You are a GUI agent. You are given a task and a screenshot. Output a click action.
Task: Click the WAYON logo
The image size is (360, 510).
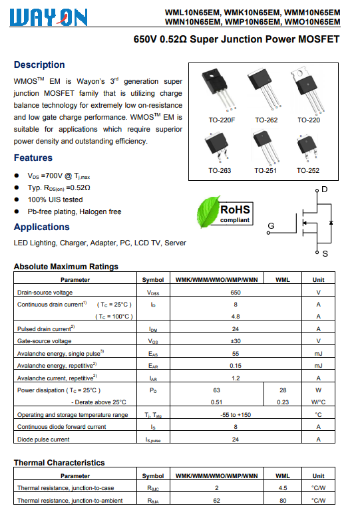coord(49,17)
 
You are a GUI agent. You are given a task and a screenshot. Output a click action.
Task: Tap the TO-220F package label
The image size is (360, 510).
coord(222,120)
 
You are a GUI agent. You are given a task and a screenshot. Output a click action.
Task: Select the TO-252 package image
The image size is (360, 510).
coord(307,148)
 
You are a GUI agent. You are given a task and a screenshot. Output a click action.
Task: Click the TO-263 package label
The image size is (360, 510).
coord(220,170)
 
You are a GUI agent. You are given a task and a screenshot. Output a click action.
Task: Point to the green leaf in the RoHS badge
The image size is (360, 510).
coord(208,212)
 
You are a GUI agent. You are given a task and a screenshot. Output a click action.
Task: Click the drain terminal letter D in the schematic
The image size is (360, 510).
coord(325,190)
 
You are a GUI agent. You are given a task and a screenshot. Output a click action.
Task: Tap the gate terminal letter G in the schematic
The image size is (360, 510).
coord(271,225)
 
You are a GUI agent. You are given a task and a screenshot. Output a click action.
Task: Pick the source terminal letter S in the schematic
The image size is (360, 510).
coord(325,254)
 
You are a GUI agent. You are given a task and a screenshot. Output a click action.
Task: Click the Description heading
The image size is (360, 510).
coord(39,64)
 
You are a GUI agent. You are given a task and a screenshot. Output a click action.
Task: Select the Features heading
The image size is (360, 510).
coord(33,158)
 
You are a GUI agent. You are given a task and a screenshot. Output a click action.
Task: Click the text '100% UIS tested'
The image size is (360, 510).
coord(55,199)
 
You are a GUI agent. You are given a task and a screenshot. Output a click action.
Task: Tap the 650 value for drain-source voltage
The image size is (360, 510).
coord(236,293)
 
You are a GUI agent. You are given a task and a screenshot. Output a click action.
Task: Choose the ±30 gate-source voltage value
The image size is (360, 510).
coord(236,341)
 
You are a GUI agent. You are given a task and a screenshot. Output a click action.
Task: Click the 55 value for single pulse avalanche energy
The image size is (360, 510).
coord(236,354)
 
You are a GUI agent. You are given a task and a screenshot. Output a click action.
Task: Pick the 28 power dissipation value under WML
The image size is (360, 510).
coord(283,390)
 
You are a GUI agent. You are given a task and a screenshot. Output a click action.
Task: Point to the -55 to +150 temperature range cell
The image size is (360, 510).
coord(236,415)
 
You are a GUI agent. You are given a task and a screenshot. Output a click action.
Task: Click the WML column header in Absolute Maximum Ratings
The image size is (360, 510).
coord(283,280)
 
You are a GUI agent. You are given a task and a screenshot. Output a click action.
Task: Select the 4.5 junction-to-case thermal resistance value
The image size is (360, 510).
coord(283,488)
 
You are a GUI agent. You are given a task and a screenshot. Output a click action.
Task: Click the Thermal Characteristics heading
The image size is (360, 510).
coord(59,463)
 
